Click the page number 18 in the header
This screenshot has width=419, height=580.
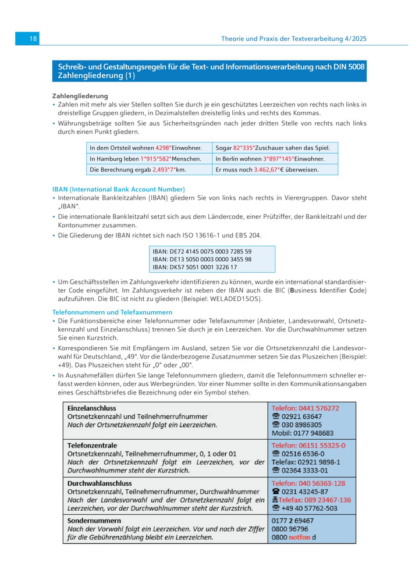(33, 39)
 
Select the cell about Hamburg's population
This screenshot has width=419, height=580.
(148, 159)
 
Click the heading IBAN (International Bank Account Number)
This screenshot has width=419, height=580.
(119, 189)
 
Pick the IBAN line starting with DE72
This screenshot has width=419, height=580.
(202, 252)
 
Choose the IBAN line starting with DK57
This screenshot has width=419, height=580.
(194, 267)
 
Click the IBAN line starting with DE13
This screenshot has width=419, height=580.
(202, 259)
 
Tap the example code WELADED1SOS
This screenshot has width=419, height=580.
(242, 299)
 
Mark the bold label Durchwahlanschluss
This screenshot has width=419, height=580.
(100, 483)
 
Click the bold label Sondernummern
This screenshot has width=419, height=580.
(94, 521)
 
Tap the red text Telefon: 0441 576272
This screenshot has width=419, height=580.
(305, 408)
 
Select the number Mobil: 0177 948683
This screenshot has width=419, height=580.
(303, 433)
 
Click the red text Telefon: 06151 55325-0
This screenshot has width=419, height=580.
(308, 446)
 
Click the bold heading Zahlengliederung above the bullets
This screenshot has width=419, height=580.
(80, 96)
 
